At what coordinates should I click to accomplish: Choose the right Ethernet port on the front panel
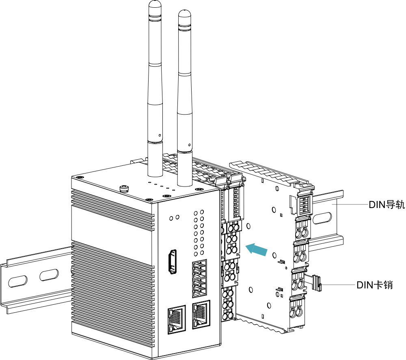click(201, 314)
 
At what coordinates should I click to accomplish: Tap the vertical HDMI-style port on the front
click(173, 262)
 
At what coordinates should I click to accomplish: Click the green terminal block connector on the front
click(200, 279)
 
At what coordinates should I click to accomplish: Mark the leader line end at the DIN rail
click(334, 204)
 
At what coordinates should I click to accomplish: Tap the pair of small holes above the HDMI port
click(174, 218)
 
